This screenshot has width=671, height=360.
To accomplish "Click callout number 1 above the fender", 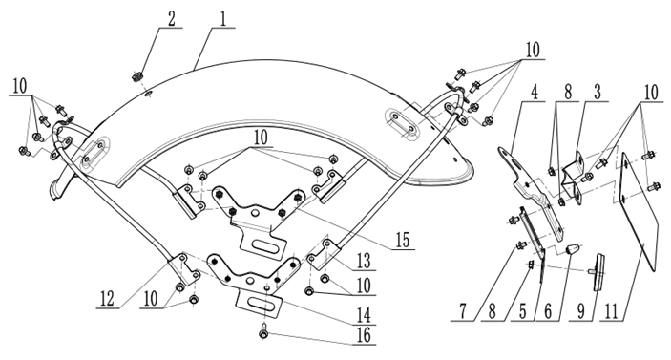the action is [223, 19].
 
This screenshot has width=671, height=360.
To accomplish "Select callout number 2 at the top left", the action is [171, 19].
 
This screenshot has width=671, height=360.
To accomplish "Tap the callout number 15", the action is [402, 240].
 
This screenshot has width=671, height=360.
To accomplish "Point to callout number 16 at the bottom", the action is [364, 335].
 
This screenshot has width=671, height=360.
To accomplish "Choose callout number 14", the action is [364, 316].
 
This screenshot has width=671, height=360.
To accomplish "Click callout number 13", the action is [364, 261].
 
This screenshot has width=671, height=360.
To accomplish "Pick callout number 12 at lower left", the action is [108, 299].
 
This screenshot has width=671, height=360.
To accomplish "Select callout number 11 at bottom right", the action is [612, 311].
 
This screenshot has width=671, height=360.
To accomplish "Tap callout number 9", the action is [580, 311].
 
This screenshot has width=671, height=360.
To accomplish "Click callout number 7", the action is [463, 311].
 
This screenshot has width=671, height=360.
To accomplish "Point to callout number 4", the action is [534, 93].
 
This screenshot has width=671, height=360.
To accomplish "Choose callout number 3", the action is [598, 92].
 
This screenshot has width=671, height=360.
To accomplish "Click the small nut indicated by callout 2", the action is [137, 77].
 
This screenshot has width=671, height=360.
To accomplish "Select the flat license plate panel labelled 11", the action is [638, 212].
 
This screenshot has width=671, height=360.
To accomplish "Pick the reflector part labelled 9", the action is [598, 272].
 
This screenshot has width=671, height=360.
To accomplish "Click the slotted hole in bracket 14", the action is [259, 304].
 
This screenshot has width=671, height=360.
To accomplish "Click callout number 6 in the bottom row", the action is [548, 311].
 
